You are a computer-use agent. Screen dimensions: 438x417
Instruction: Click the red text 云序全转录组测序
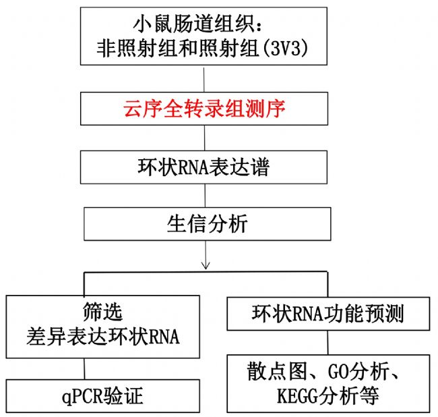click(x=204, y=109)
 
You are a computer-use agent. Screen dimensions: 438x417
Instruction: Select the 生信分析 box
click(x=208, y=224)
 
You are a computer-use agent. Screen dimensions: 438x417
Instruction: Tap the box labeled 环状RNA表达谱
click(x=204, y=167)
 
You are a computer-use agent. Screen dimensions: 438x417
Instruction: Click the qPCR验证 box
click(x=103, y=395)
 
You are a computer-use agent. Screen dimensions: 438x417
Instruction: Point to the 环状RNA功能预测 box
click(x=328, y=314)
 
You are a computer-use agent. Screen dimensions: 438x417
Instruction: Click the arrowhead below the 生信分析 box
click(x=206, y=266)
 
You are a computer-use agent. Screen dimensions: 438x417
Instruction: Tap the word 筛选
click(x=103, y=312)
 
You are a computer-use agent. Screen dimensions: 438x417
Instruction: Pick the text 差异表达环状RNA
click(x=103, y=336)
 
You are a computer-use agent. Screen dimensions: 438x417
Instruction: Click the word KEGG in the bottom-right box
click(x=297, y=395)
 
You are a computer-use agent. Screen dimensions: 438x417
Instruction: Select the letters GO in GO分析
click(x=338, y=371)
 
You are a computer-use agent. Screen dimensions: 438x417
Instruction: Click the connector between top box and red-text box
click(x=204, y=79)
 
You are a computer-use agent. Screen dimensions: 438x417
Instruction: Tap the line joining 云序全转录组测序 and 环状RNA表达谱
click(x=204, y=138)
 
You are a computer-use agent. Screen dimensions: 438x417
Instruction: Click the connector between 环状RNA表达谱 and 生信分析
click(x=206, y=196)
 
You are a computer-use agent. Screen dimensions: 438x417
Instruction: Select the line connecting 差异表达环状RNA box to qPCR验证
click(x=84, y=369)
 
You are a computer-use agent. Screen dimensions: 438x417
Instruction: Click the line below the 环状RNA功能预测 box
click(x=328, y=343)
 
